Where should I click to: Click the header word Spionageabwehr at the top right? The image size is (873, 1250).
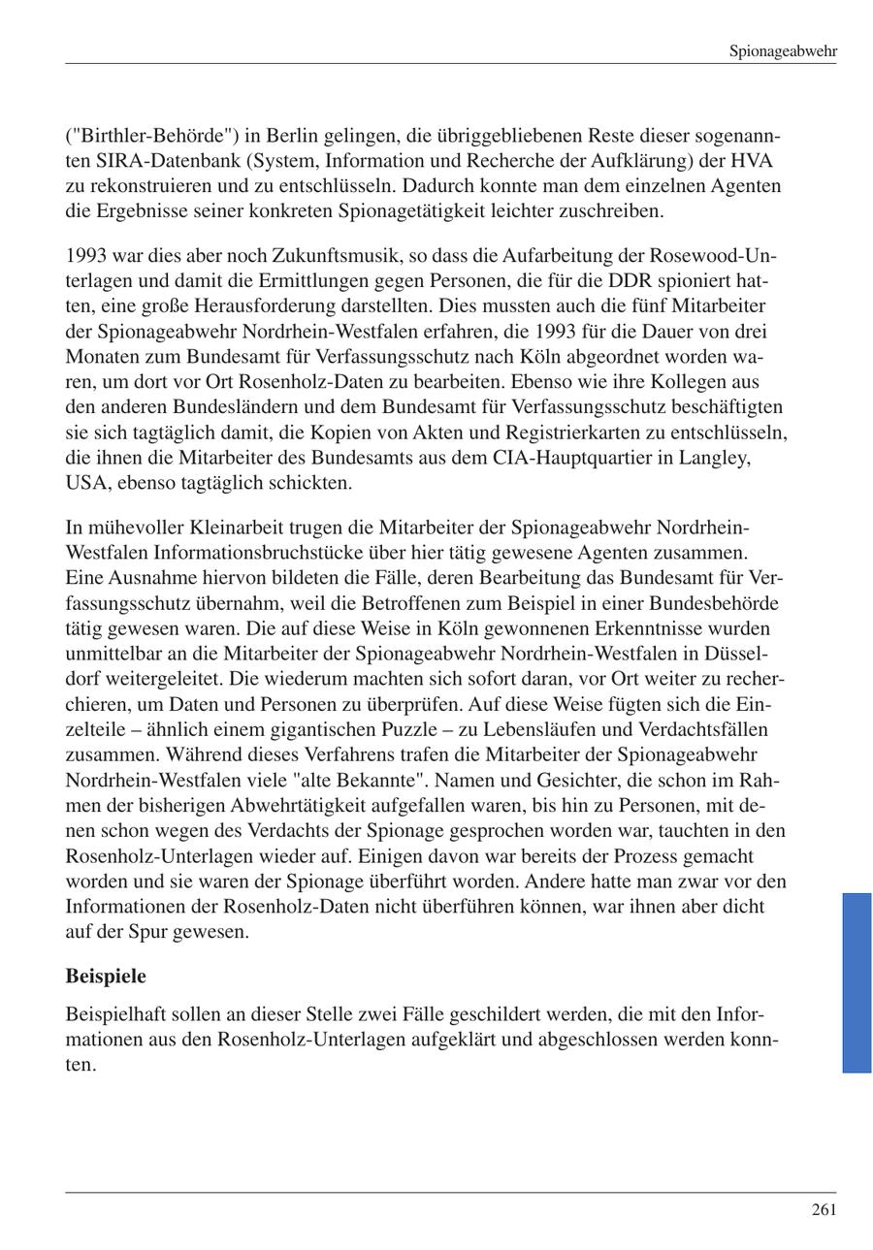pyautogui.click(x=783, y=51)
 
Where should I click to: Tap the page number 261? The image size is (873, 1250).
pyautogui.click(x=824, y=1209)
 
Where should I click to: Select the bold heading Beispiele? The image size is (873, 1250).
pyautogui.click(x=106, y=975)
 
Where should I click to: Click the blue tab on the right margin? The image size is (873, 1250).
pyautogui.click(x=857, y=982)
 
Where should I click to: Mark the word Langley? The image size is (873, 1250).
pyautogui.click(x=715, y=458)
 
